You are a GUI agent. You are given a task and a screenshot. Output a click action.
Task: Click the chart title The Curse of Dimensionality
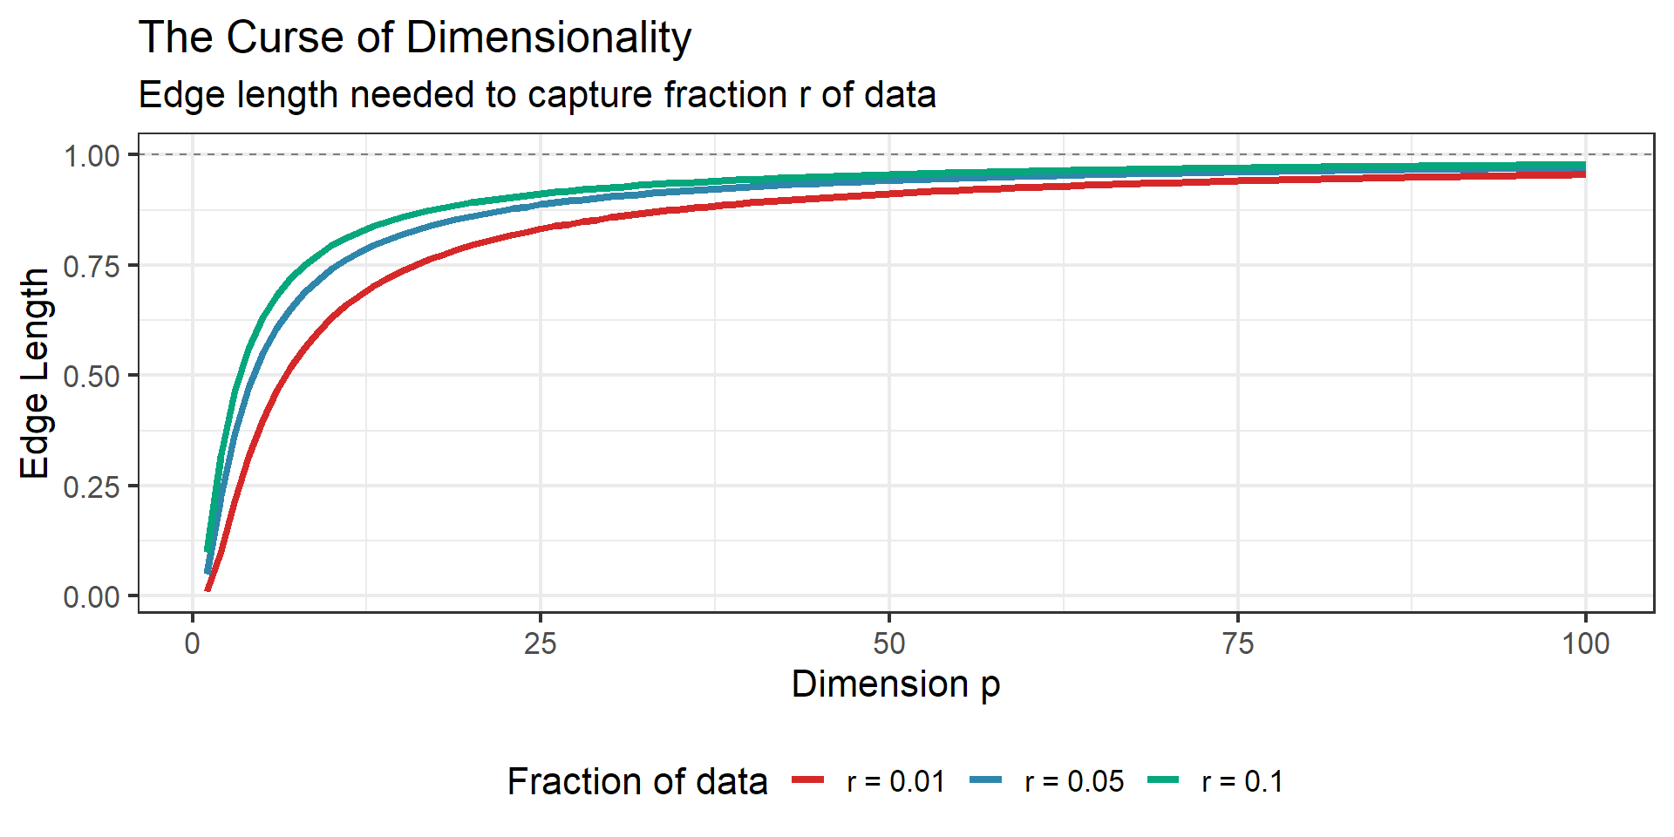pyautogui.click(x=415, y=38)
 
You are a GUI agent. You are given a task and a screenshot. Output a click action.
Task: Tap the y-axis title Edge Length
pyautogui.click(x=35, y=373)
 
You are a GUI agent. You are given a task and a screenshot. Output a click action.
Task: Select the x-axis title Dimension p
pyautogui.click(x=895, y=684)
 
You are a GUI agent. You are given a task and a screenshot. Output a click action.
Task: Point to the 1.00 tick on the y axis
pyautogui.click(x=92, y=156)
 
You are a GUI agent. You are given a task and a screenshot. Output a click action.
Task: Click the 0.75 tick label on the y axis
pyautogui.click(x=92, y=266)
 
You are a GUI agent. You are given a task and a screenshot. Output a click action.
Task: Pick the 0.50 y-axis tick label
pyautogui.click(x=92, y=377)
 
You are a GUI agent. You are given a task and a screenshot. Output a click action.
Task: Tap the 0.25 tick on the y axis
pyautogui.click(x=92, y=487)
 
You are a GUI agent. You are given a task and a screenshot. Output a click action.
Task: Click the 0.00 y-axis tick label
pyautogui.click(x=92, y=597)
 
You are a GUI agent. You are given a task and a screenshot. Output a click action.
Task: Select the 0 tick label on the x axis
pyautogui.click(x=193, y=643)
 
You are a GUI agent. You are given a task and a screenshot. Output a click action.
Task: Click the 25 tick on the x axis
pyautogui.click(x=541, y=643)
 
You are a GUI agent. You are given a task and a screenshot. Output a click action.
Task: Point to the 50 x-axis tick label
pyautogui.click(x=889, y=643)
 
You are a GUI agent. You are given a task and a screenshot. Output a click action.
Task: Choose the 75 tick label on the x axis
pyautogui.click(x=1238, y=643)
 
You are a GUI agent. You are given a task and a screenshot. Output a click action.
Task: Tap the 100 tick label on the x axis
pyautogui.click(x=1585, y=643)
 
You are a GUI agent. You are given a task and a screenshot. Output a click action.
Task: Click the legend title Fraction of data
pyautogui.click(x=637, y=781)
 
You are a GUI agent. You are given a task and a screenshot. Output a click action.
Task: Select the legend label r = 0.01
pyautogui.click(x=895, y=781)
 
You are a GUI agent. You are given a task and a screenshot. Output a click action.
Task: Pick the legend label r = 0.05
pyautogui.click(x=1074, y=781)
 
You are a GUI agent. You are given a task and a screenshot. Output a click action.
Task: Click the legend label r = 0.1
pyautogui.click(x=1242, y=781)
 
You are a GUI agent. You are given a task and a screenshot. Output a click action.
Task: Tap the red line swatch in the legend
pyautogui.click(x=808, y=779)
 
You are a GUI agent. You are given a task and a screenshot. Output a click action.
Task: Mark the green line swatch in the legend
pyautogui.click(x=1163, y=779)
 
